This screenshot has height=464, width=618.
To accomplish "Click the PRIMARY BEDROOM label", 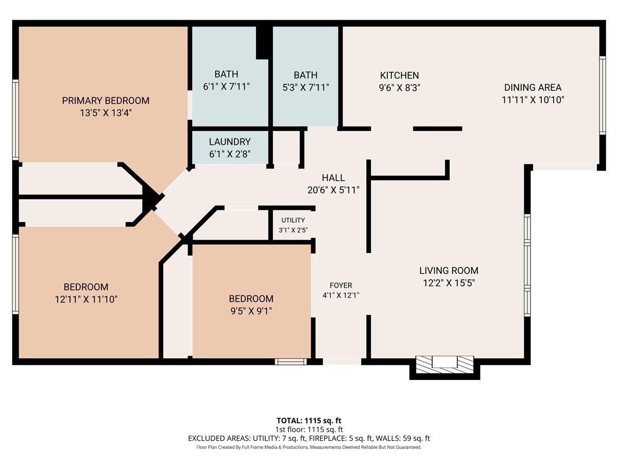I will pos(106,101).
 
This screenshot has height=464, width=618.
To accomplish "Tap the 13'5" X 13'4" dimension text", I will pos(106,113).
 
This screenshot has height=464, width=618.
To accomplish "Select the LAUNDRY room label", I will pos(230,142).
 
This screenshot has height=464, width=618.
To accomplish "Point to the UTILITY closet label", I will pos(293,220).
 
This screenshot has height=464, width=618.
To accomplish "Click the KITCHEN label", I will pos(399,75).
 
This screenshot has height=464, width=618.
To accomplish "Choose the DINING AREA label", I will pos(533,88).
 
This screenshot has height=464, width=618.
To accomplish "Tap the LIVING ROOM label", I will pos(449,270).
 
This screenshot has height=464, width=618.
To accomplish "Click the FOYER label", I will pos(341,285).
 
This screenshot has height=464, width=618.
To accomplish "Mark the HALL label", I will pos(333,178).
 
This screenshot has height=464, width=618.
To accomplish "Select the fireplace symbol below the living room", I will pos(444,362).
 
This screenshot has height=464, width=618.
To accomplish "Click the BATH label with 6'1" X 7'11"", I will pos(227,75).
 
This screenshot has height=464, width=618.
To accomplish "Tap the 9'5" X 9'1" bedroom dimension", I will pos(251,311).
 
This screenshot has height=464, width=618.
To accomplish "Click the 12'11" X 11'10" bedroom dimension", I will pos(86,299).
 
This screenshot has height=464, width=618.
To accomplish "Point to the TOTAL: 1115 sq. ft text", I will pos(309,420).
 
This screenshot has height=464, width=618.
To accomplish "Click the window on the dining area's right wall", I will pos(602,95).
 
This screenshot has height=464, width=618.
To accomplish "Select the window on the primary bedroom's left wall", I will pos(16,120).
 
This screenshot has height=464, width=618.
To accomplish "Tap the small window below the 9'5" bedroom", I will pos(290,361).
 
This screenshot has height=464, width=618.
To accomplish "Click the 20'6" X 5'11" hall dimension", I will pos(333,190).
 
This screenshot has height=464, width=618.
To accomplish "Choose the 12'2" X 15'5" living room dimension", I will pos(449,283).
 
